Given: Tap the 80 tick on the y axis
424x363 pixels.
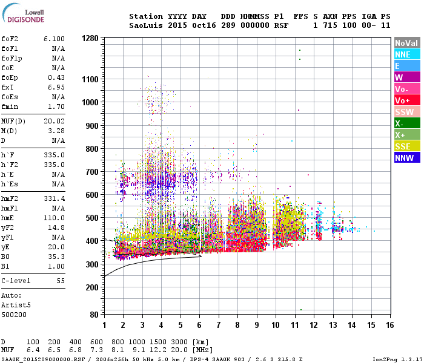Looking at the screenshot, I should coord(94,315).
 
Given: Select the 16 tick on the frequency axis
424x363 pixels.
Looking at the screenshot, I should coord(389,325).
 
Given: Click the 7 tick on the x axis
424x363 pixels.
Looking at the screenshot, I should coord(219,325).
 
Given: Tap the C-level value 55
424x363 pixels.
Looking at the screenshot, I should coord(61,281).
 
